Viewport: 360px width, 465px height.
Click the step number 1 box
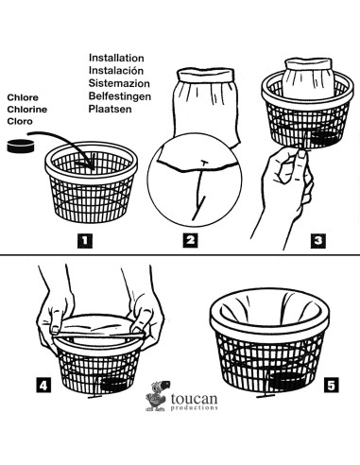point(85,241)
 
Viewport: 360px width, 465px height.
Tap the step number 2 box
point(190,241)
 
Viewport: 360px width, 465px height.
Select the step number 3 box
point(318,241)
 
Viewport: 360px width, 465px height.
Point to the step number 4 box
point(43,385)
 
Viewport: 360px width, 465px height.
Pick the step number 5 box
point(332,385)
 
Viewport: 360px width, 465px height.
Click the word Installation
point(116,58)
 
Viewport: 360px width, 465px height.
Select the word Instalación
point(116,71)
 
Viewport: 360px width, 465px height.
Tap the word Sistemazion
point(119,83)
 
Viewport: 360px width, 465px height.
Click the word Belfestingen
point(120,96)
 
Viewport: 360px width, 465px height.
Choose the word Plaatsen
point(110,109)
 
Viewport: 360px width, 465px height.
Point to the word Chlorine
point(27,110)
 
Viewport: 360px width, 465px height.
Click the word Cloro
point(20,121)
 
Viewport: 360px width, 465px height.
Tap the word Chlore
point(23,97)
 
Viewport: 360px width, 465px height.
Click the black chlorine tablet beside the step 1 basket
point(21,146)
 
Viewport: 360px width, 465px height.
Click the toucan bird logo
point(158,396)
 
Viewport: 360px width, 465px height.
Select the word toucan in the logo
point(194,399)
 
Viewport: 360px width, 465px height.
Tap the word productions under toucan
point(194,408)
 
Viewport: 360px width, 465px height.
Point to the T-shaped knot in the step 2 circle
point(204,163)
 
